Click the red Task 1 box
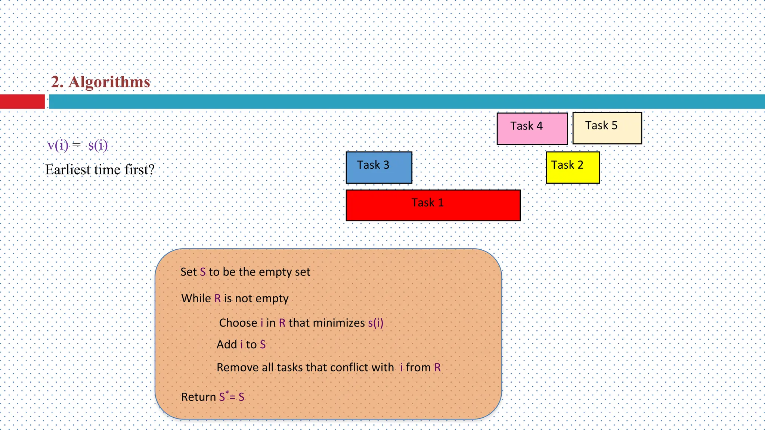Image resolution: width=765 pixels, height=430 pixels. click(x=433, y=205)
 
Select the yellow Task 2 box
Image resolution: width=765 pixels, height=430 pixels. click(x=573, y=167)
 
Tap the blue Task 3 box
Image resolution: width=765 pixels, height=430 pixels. click(x=379, y=167)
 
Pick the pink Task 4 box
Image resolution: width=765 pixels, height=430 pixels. click(x=532, y=128)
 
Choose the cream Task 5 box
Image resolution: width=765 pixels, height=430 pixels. click(x=607, y=128)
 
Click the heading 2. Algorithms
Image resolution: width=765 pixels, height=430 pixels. click(x=100, y=82)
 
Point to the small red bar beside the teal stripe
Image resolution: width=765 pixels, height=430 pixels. click(x=22, y=102)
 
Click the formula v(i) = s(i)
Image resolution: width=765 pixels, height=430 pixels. click(x=78, y=145)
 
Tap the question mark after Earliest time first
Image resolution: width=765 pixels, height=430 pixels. click(x=151, y=170)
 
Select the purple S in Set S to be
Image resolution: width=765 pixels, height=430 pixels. click(x=203, y=272)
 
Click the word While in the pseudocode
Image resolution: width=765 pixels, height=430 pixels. click(x=196, y=299)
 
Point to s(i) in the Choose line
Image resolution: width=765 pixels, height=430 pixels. click(x=375, y=323)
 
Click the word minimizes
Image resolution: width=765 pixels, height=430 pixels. click(x=339, y=323)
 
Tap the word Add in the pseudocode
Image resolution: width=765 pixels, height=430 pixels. click(x=227, y=345)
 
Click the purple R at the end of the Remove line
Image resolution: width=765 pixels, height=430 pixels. click(x=437, y=368)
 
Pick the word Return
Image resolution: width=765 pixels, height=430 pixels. click(x=198, y=397)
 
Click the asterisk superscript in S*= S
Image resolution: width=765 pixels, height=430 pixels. click(x=227, y=392)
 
